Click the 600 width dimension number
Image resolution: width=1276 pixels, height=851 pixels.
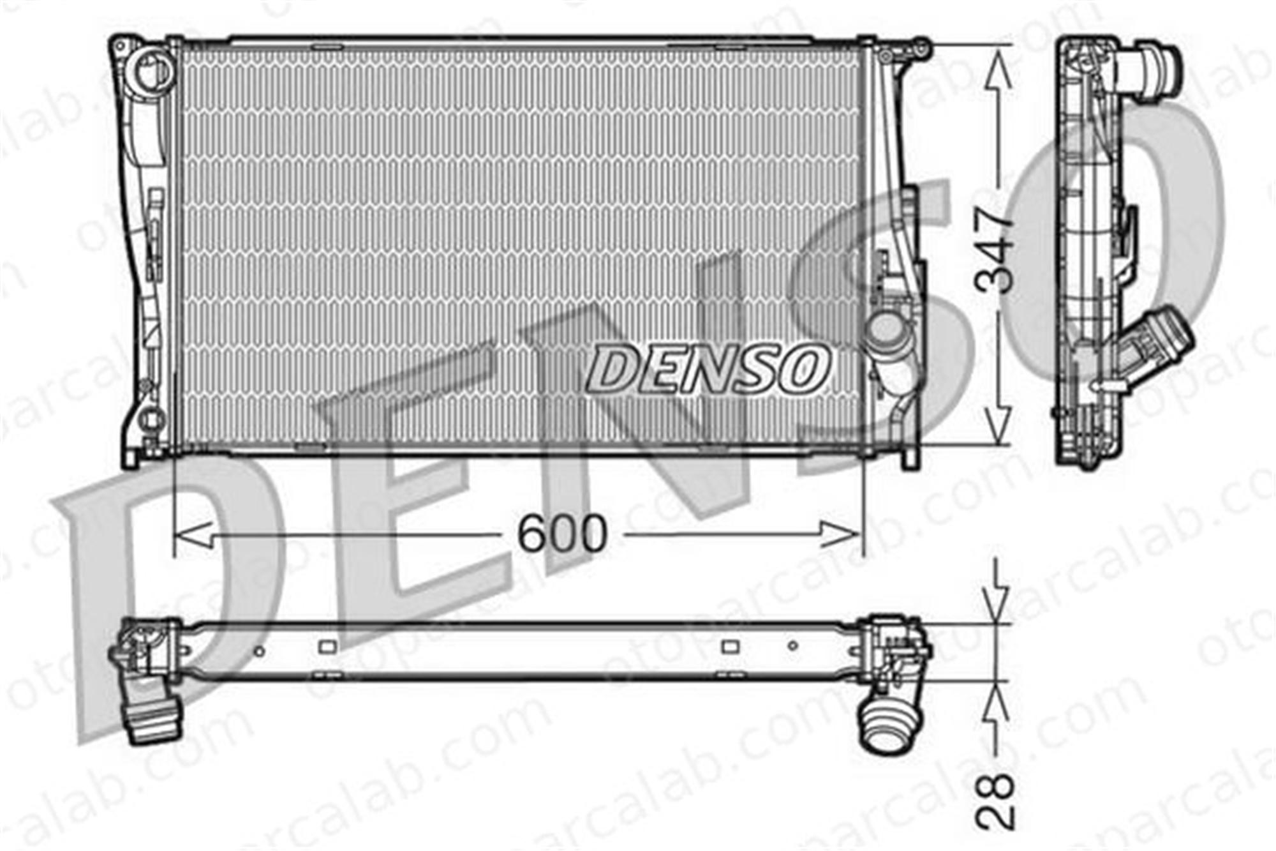point(561,534)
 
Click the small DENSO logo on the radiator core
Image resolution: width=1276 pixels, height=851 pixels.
point(707,368)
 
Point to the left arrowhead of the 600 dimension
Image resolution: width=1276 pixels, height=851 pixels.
point(193,534)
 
